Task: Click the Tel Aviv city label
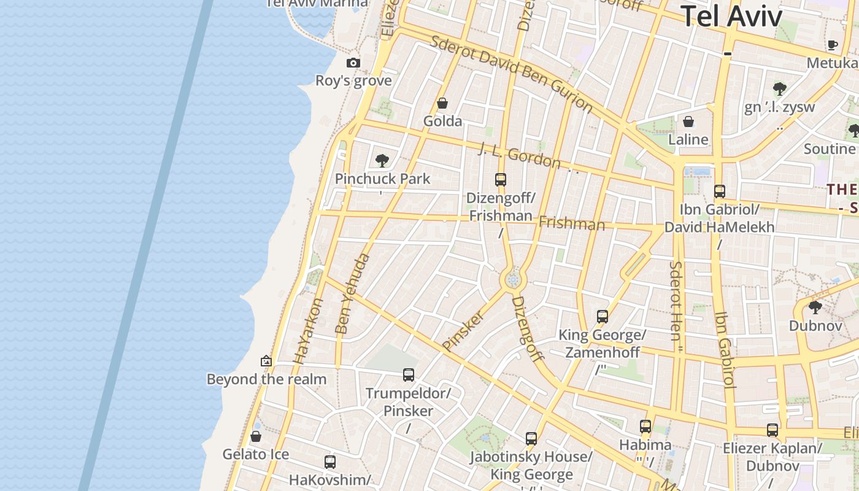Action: click(731, 16)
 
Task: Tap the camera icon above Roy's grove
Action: click(353, 63)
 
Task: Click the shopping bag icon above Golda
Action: click(442, 103)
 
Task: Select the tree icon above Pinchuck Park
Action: click(382, 161)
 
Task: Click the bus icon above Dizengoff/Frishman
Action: click(501, 180)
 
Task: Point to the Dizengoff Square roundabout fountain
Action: click(513, 280)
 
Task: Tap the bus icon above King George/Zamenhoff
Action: click(603, 317)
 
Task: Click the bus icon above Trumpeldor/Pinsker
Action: click(409, 374)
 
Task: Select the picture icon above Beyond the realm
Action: click(266, 361)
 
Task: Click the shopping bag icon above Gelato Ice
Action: click(256, 436)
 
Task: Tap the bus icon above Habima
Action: click(645, 426)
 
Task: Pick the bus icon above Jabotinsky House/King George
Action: click(531, 439)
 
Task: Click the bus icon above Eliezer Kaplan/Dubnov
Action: click(772, 430)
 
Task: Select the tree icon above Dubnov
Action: click(815, 307)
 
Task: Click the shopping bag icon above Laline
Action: click(688, 122)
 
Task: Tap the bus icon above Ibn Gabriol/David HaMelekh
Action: click(720, 191)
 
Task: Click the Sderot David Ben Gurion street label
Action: click(512, 74)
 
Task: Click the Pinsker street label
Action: click(463, 331)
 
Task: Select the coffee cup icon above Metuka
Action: click(833, 45)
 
